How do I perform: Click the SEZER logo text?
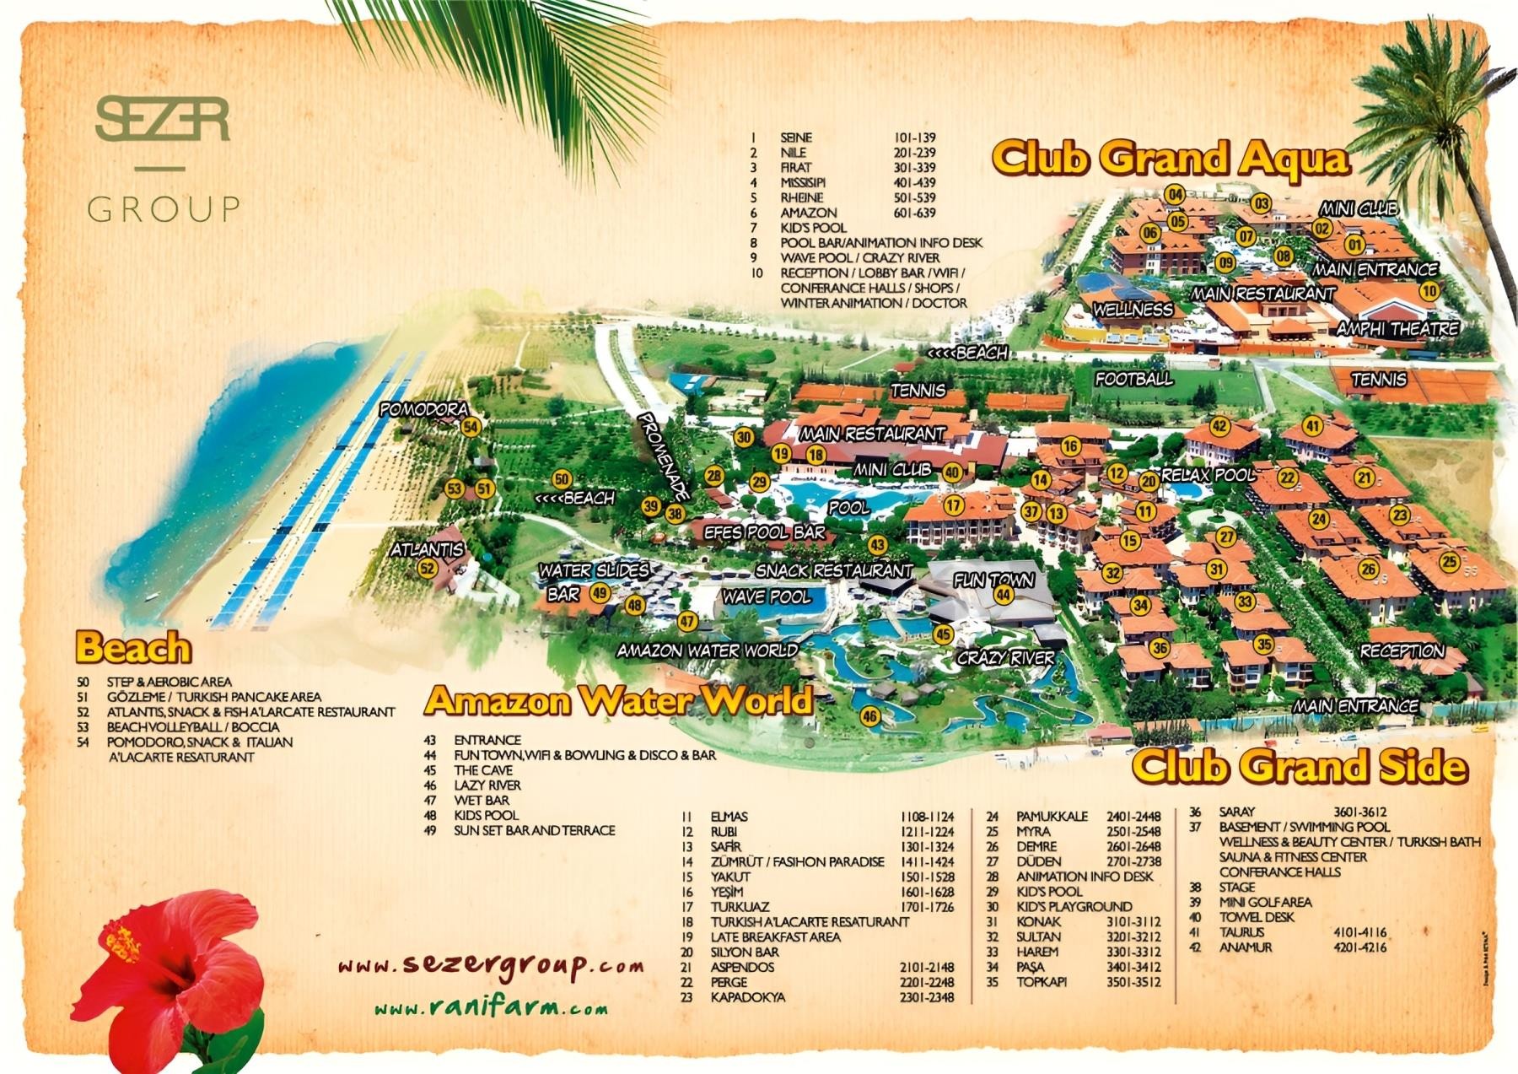163,120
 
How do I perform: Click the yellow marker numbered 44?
1004,595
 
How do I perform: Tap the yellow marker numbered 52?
428,569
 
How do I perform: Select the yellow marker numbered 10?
1429,291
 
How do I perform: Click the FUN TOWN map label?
993,580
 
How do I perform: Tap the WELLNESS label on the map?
1133,310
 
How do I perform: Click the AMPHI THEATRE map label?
1397,329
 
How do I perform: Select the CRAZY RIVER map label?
1005,658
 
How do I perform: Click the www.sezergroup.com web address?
491,965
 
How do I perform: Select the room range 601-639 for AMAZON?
915,213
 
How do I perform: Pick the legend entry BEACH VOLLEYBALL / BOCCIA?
193,726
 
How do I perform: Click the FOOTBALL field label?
1133,380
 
